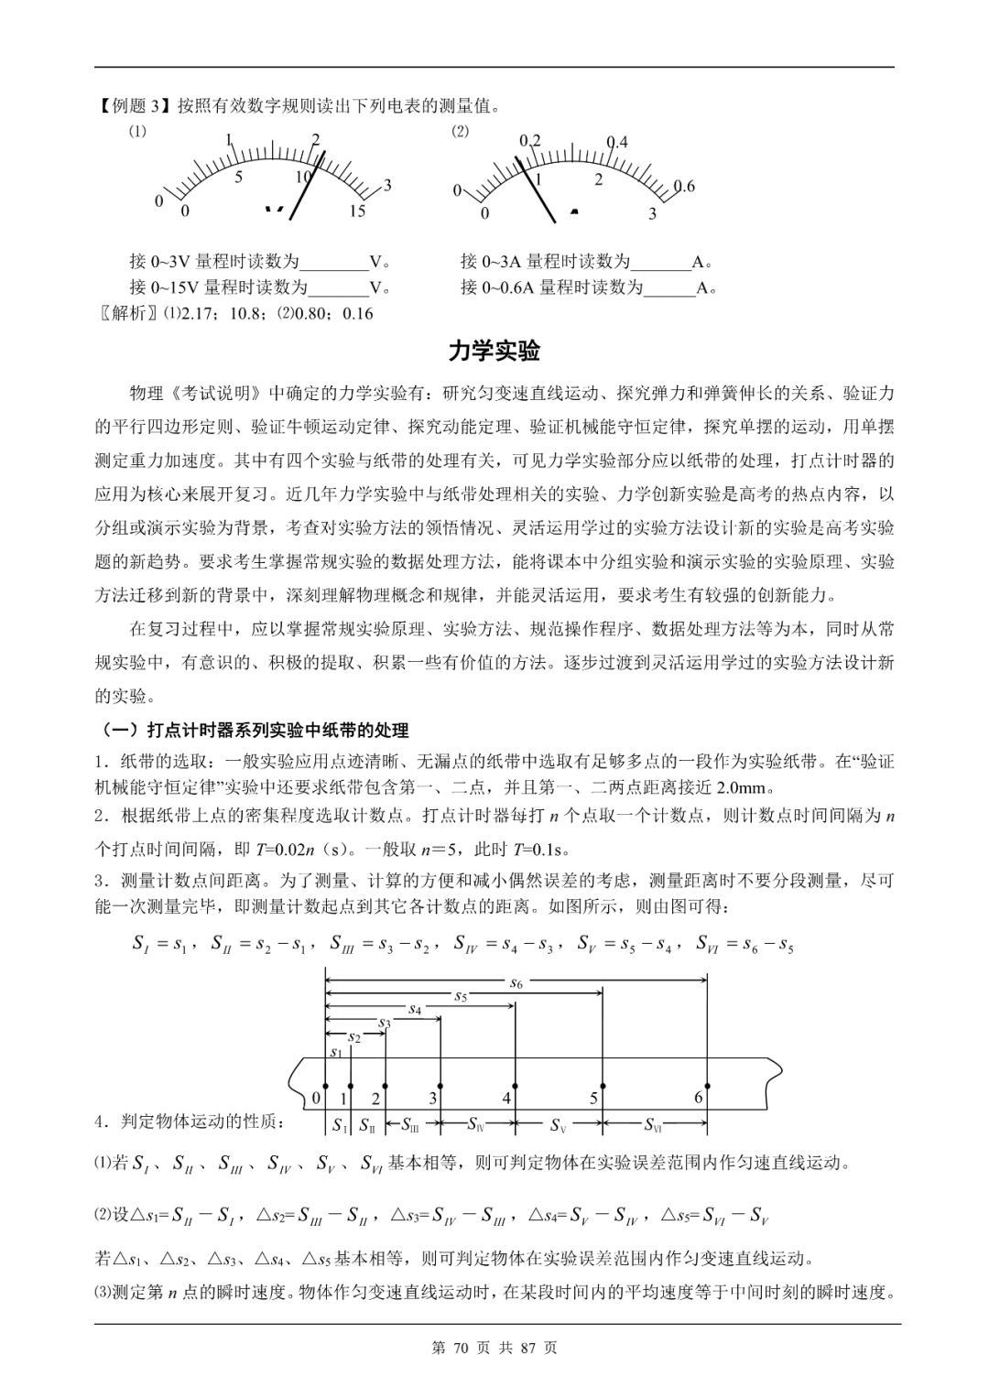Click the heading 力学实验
pyautogui.click(x=494, y=351)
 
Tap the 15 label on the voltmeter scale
pyautogui.click(x=357, y=211)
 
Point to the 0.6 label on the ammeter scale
pyautogui.click(x=683, y=187)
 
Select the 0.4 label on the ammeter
pyautogui.click(x=618, y=142)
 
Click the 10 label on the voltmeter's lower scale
pyautogui.click(x=303, y=177)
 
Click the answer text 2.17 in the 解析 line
pyautogui.click(x=196, y=313)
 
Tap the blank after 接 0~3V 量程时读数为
pyautogui.click(x=334, y=262)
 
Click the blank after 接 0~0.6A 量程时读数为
pyautogui.click(x=669, y=287)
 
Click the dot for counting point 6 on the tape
pyautogui.click(x=707, y=1085)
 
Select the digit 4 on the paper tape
pyautogui.click(x=506, y=1098)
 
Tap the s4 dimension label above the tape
pyautogui.click(x=414, y=1009)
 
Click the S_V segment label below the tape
pyautogui.click(x=559, y=1124)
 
